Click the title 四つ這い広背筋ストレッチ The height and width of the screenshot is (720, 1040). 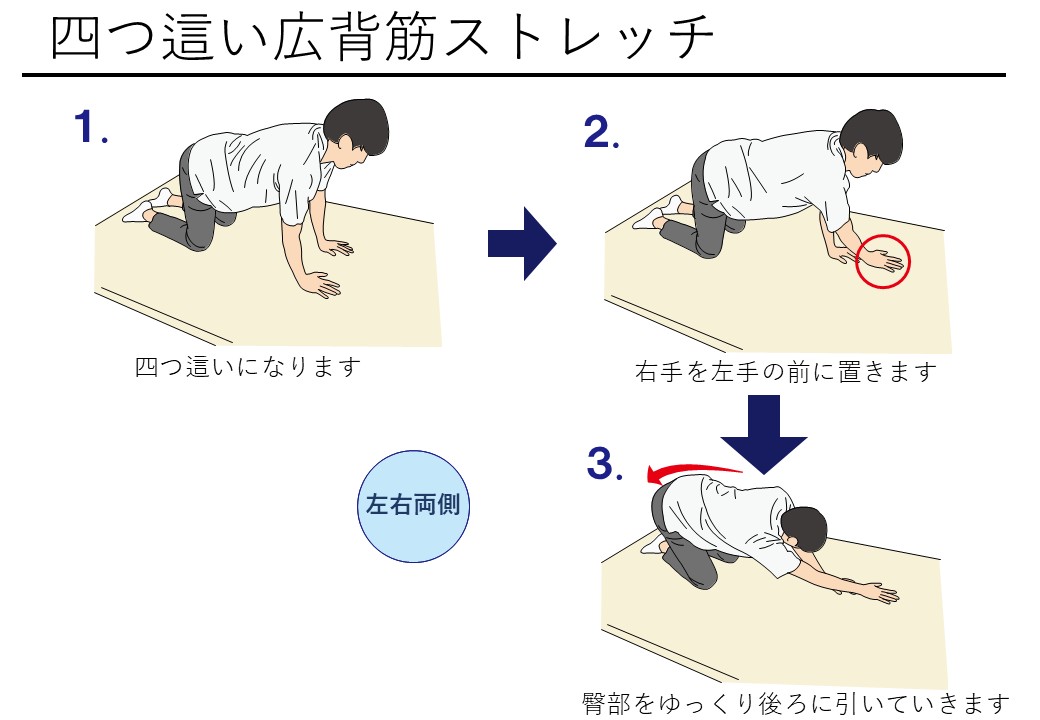pos(383,37)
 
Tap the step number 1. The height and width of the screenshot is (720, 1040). pos(90,127)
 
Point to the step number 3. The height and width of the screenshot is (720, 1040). pos(604,463)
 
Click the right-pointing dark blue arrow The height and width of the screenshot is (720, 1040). pos(522,243)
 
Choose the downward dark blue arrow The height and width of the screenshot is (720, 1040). pos(763,434)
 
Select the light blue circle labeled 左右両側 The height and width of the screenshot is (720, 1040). pos(413,507)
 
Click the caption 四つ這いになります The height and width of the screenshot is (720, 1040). pos(248,367)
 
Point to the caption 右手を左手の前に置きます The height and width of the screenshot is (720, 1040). pos(786,371)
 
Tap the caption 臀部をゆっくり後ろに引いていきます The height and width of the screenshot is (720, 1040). pos(797,704)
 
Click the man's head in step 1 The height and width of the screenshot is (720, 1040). pos(355,134)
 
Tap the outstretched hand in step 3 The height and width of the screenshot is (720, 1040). pos(878,592)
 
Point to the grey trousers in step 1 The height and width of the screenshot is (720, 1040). pos(190,211)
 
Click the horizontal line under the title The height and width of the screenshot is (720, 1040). pos(514,75)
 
